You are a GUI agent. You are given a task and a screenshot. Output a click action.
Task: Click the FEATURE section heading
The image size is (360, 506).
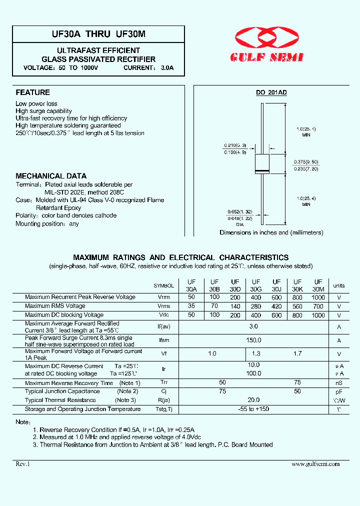pos(33,92)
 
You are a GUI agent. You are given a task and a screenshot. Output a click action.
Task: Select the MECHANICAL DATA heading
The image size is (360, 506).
pos(51,176)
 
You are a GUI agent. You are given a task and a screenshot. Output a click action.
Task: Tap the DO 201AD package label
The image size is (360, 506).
pos(271,92)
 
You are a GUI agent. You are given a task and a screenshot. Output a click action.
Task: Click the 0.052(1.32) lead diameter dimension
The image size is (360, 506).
pos(234,212)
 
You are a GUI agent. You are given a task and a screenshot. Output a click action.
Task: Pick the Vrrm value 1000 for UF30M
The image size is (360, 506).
pos(318,297)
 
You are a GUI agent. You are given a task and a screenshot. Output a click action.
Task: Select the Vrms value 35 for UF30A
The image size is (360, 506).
pos(191,306)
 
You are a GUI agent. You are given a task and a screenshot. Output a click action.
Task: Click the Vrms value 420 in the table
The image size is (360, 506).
pos(276,306)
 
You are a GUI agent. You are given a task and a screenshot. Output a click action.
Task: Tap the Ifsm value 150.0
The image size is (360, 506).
pos(254,340)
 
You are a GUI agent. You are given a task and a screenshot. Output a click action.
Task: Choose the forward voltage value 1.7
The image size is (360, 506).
pos(297,353)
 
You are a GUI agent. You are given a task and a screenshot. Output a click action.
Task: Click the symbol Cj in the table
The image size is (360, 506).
pos(163,391)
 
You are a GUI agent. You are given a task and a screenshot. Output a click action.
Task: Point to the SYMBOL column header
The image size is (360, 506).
pos(163,286)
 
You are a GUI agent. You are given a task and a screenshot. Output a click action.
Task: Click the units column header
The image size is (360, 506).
pos(339,286)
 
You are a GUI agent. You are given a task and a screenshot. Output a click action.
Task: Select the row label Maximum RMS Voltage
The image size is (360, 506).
pos(55,306)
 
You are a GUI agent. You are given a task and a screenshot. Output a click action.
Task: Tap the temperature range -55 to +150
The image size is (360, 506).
pos(254,409)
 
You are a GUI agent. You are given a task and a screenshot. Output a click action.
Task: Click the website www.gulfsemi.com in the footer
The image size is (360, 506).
pos(315,464)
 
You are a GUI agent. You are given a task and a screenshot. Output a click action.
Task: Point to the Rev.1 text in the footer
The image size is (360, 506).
pos(23,464)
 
